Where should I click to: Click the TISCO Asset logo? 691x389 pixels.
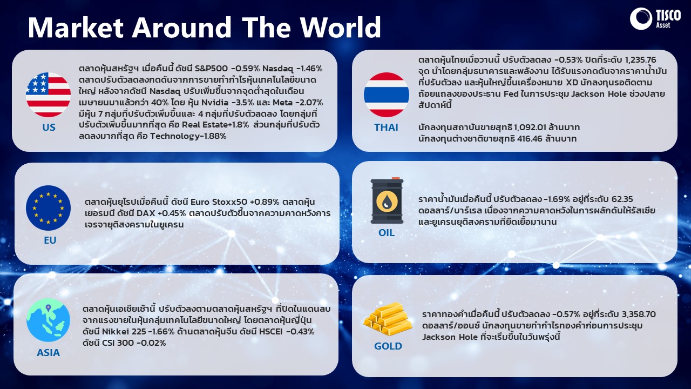(655, 19)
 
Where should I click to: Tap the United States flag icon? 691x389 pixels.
(48, 95)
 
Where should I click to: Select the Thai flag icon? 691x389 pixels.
(387, 95)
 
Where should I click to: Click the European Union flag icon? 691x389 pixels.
(48, 208)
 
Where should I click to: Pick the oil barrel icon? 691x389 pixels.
(387, 200)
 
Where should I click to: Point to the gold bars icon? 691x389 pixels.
(388, 319)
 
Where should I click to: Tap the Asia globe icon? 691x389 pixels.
(48, 320)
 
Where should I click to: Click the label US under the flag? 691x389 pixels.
(49, 127)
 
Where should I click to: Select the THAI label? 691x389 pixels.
(386, 127)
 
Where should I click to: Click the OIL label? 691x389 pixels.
(387, 232)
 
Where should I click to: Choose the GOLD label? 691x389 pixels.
(388, 346)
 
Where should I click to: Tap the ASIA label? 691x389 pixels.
(48, 353)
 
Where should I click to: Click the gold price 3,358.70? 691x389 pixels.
(639, 314)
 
